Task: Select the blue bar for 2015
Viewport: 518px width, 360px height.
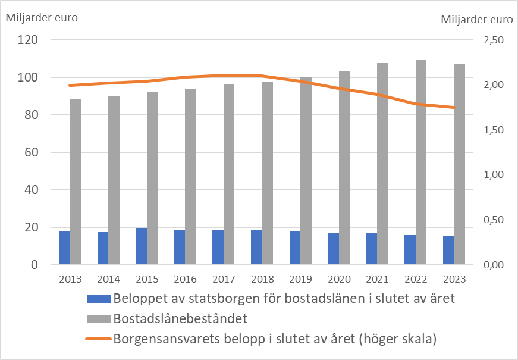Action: pyautogui.click(x=141, y=246)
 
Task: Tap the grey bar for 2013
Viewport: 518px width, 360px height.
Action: pyautogui.click(x=76, y=182)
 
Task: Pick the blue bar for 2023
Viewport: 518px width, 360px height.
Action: pyautogui.click(x=448, y=250)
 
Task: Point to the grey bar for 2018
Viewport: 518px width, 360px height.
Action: pyautogui.click(x=268, y=173)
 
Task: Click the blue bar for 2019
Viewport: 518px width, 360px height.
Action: pyautogui.click(x=294, y=248)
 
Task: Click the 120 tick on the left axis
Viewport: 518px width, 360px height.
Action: pyautogui.click(x=28, y=40)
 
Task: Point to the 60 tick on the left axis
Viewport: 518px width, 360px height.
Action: pyautogui.click(x=30, y=153)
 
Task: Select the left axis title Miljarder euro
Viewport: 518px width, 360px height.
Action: pyautogui.click(x=42, y=17)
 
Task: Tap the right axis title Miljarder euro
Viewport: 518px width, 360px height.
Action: pyautogui.click(x=476, y=19)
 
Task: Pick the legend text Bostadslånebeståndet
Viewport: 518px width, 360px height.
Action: pyautogui.click(x=180, y=319)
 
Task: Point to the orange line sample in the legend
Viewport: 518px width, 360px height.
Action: pyautogui.click(x=98, y=339)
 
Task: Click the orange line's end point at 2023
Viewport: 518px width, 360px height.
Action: pyautogui.click(x=454, y=108)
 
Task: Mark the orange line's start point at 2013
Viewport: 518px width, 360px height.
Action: pyautogui.click(x=70, y=86)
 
